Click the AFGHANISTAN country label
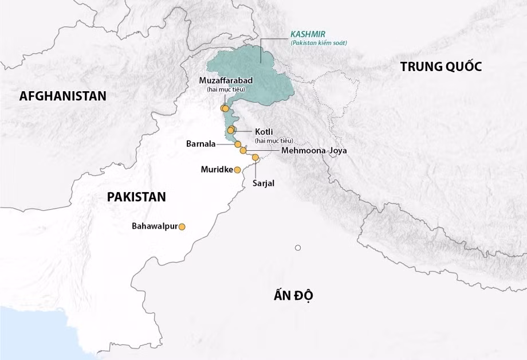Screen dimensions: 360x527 tap(63, 96)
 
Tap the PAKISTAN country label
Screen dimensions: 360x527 tap(136, 197)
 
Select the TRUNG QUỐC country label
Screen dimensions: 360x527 tap(441, 66)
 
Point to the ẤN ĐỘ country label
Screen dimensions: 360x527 tap(295, 296)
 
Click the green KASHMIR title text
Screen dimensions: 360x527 tap(308, 34)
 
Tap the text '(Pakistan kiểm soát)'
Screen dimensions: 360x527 tap(318, 43)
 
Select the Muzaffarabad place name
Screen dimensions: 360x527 tap(225, 80)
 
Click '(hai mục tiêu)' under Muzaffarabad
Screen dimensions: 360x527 tap(225, 89)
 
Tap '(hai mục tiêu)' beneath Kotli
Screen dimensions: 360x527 tap(274, 140)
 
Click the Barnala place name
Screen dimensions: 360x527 tap(201, 144)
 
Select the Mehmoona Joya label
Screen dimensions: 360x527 tap(314, 150)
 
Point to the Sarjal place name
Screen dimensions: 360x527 tap(263, 183)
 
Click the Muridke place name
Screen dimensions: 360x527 tap(217, 170)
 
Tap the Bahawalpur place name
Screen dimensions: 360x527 tap(155, 226)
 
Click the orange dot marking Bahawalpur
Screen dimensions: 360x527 tap(182, 227)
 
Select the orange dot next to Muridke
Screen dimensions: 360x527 tap(237, 170)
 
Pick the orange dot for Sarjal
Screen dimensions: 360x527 tap(255, 157)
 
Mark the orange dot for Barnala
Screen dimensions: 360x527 tap(238, 144)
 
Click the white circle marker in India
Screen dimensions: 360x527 tap(298, 248)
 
